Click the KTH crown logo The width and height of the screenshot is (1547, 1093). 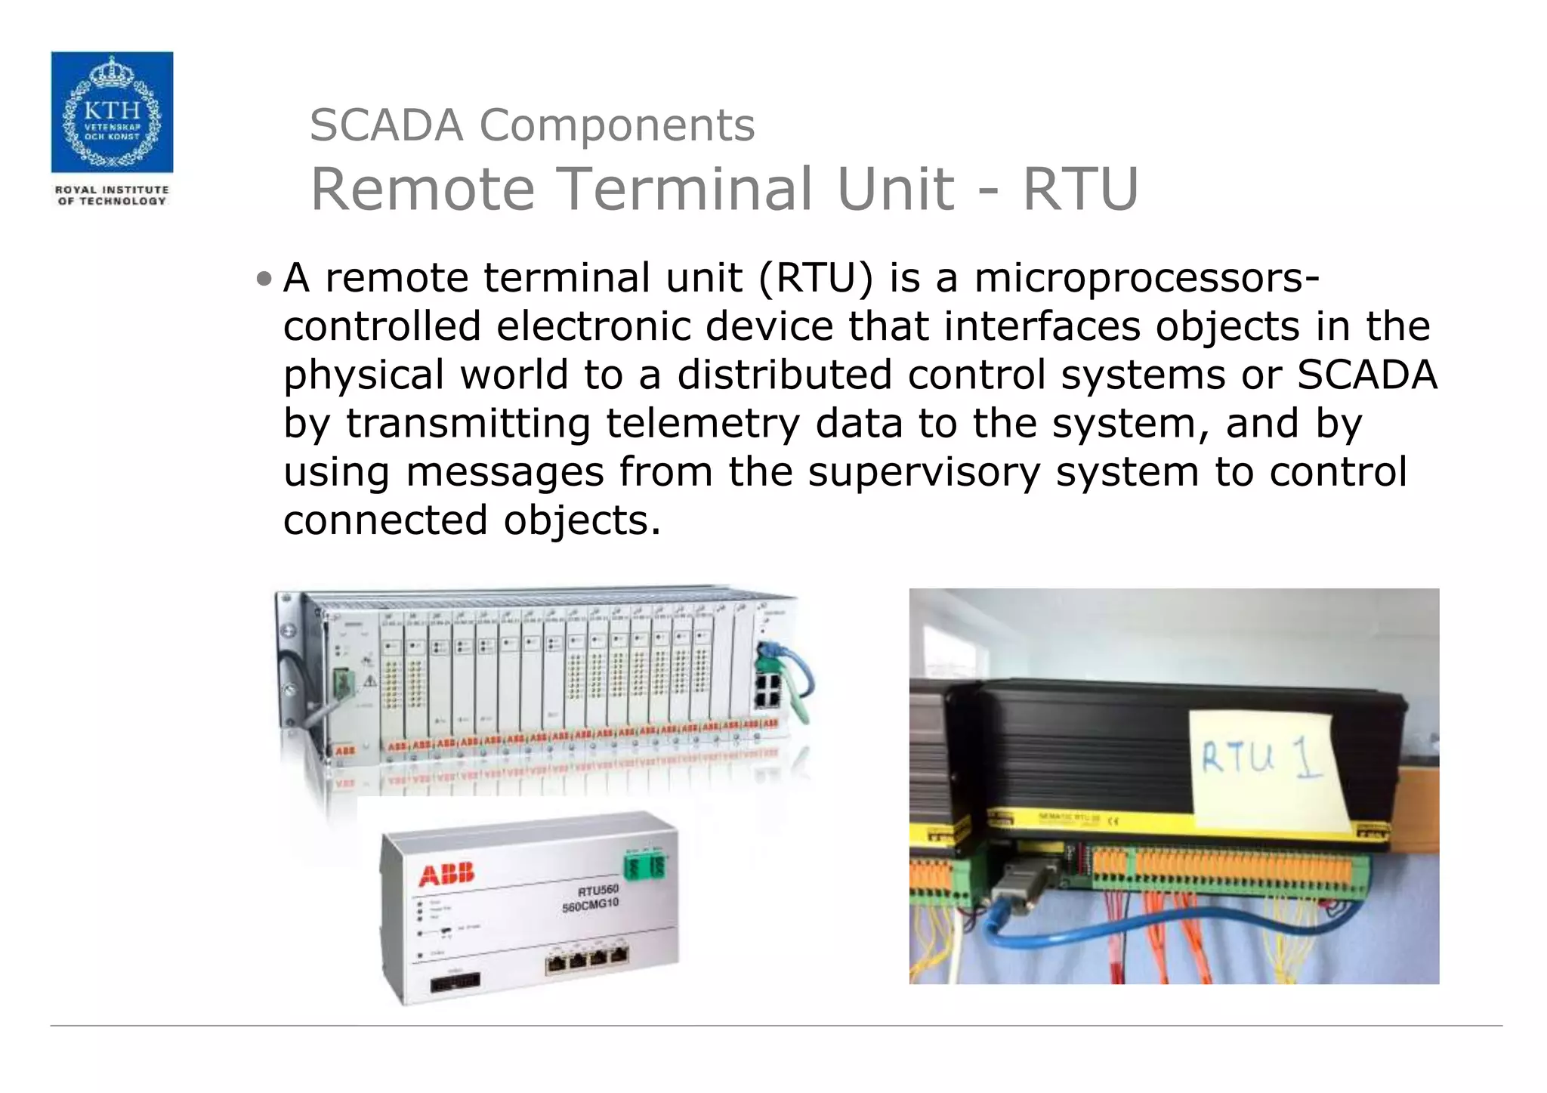point(112,112)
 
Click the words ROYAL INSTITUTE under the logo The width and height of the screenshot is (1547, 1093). point(112,190)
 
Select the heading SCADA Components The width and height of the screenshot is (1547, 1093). point(532,125)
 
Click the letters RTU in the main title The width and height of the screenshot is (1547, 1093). point(1080,189)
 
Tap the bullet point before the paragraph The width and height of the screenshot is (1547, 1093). point(263,279)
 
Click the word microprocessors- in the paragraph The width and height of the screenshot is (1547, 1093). point(1147,278)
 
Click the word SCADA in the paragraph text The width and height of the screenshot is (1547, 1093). point(1367,375)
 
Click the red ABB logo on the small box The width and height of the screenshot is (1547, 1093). point(446,875)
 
